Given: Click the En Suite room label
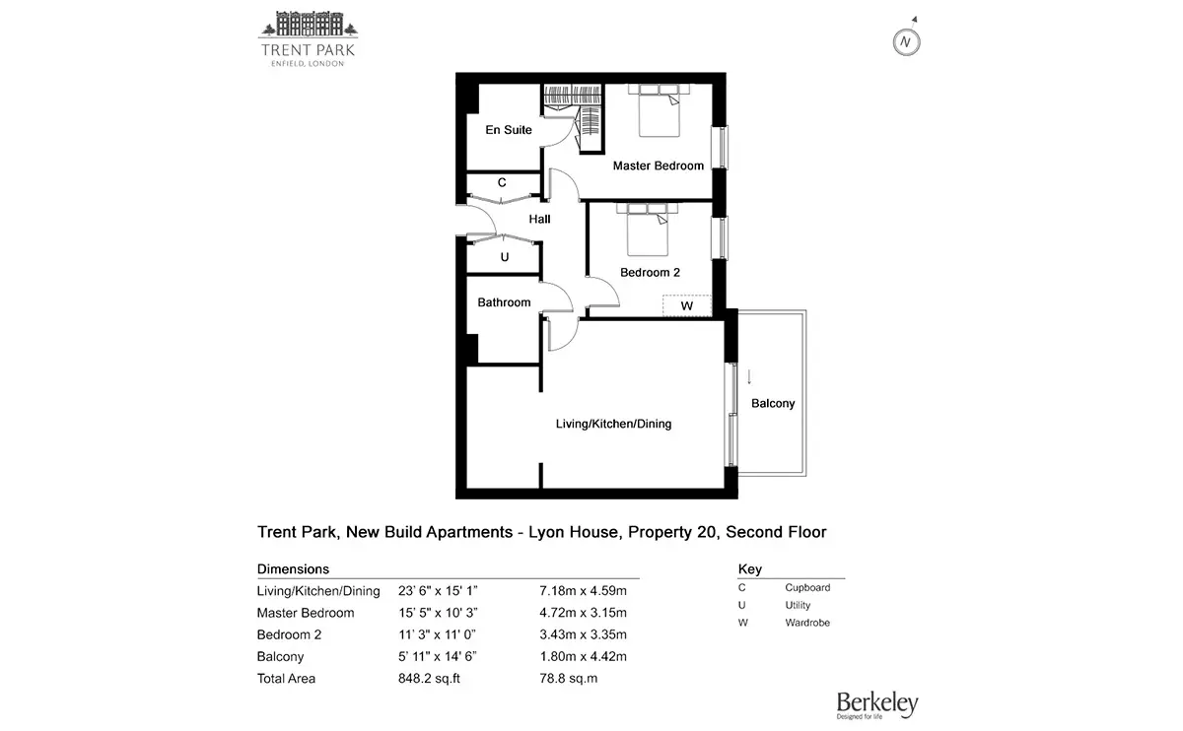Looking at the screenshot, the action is [x=508, y=130].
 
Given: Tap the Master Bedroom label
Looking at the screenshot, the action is [x=659, y=166].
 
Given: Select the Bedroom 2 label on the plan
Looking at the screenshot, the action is [x=650, y=272].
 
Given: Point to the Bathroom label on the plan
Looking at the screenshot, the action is [x=504, y=302].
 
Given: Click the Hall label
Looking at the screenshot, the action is [x=539, y=219].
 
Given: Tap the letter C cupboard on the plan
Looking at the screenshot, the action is [x=502, y=182].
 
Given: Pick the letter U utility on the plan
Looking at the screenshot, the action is [x=505, y=257].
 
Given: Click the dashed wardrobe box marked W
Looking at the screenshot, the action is [x=687, y=305].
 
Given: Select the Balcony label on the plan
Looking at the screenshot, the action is [x=773, y=403].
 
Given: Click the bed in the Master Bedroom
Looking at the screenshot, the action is [x=659, y=110].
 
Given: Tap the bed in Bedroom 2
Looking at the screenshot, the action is [x=647, y=230].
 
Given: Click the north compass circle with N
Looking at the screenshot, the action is [x=906, y=42].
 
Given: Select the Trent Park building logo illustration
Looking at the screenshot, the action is [x=308, y=25].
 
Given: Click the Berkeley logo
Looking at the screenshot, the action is [x=877, y=705].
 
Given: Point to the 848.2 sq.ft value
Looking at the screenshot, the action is [x=429, y=678].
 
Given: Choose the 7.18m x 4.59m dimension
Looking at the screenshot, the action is [x=583, y=590].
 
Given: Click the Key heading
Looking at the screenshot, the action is [x=749, y=569].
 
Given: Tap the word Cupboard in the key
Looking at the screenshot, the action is [x=807, y=587].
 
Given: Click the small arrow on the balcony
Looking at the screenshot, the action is [x=749, y=377].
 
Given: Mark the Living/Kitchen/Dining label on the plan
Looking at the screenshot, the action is [x=613, y=424].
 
